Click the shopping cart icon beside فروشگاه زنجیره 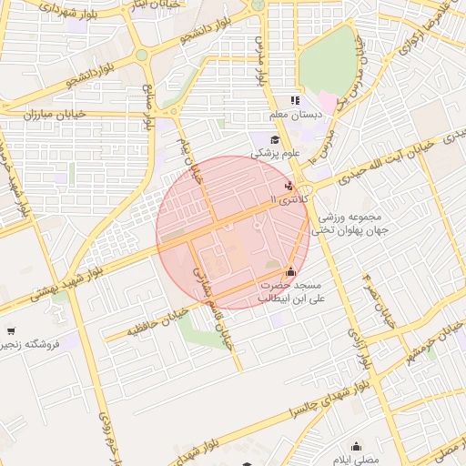(10, 331)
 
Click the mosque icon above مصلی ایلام (356, 446)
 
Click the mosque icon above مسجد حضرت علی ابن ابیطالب (290, 270)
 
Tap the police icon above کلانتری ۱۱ (289, 186)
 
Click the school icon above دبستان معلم (294, 101)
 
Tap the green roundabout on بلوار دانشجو (142, 55)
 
